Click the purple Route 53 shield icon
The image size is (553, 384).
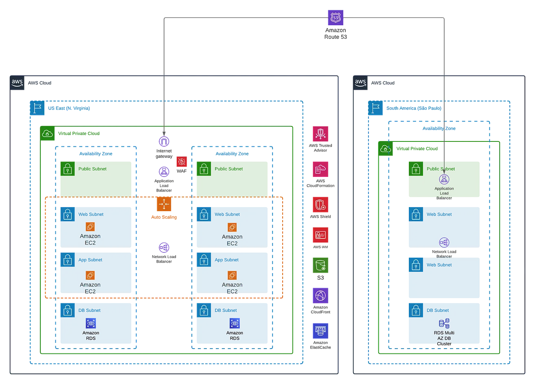336,18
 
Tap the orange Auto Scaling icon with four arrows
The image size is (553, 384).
164,204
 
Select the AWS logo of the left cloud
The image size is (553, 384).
17,83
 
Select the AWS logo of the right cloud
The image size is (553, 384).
360,83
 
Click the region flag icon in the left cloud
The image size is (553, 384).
37,108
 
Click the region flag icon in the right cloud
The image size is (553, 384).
375,108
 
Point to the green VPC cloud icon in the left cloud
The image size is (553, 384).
48,133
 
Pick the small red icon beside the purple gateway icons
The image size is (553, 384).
182,162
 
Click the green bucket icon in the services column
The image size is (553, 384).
320,265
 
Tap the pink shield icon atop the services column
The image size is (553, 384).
320,133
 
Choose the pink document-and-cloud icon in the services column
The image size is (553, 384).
320,169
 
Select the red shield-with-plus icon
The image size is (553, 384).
320,204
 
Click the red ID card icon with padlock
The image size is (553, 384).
320,235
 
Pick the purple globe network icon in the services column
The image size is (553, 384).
320,296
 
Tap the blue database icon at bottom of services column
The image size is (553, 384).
320,331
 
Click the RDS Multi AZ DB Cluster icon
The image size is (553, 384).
444,324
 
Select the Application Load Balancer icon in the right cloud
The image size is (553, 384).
444,179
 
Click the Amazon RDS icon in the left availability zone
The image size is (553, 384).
90,324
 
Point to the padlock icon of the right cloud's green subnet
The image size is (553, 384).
415,169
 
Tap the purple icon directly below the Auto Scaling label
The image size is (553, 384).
164,247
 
